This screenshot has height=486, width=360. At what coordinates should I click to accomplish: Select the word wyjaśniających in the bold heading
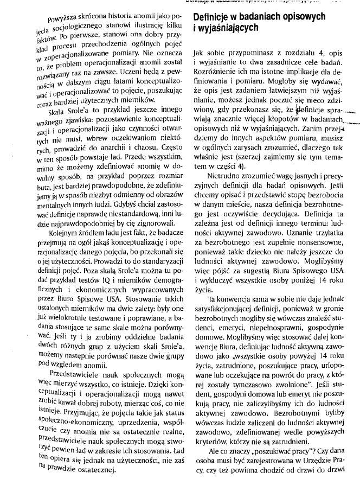coord(226,29)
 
